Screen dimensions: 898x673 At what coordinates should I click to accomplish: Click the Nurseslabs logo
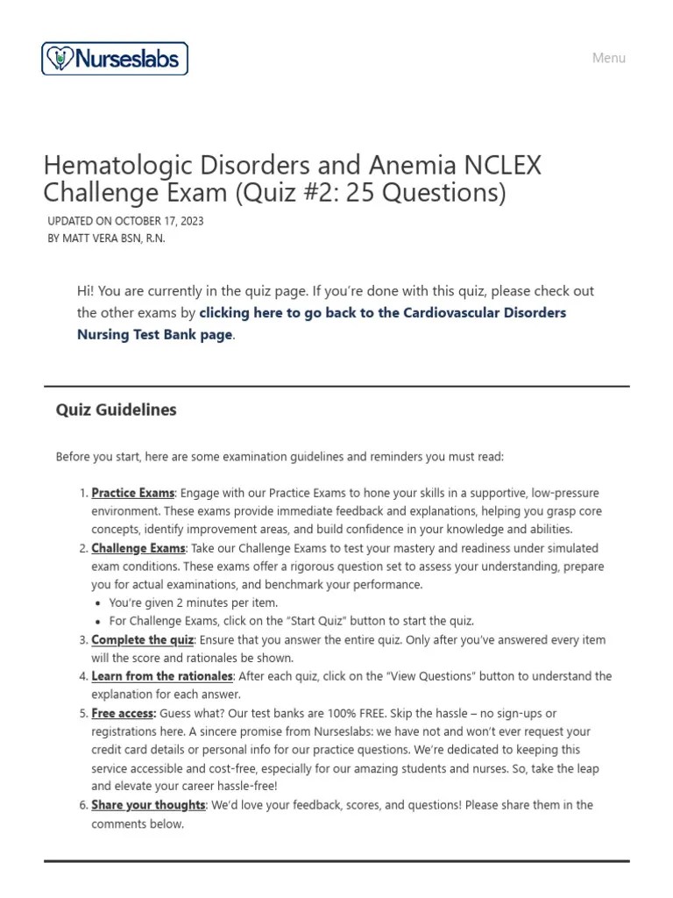tap(115, 59)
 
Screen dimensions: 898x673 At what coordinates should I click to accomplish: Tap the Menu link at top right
tap(608, 58)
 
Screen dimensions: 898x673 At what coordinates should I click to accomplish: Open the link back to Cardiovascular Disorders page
tap(382, 313)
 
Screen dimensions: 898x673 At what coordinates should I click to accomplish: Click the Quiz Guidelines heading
tap(116, 410)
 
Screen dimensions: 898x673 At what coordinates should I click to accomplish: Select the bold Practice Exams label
tap(133, 494)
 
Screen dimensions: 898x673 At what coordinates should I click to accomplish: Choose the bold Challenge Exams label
tap(138, 548)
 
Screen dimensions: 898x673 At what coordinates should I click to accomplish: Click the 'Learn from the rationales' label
tap(162, 676)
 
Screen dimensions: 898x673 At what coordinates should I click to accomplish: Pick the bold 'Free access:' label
tap(124, 714)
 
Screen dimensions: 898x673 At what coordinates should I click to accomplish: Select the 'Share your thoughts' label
tap(148, 805)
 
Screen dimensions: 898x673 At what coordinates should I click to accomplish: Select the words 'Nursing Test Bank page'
tap(155, 334)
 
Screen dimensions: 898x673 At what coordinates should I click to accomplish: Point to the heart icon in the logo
tap(59, 59)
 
